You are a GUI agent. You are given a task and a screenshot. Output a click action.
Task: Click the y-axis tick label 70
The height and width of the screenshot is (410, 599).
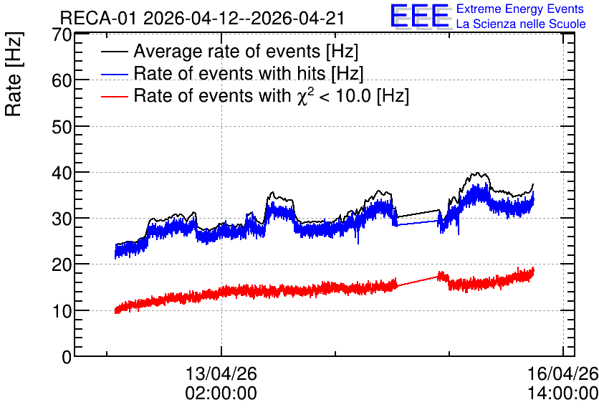(x=62, y=35)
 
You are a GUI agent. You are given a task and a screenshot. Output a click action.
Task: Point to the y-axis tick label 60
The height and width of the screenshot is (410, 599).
(x=62, y=80)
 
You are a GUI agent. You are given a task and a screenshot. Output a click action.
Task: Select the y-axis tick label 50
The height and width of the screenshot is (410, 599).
(x=62, y=127)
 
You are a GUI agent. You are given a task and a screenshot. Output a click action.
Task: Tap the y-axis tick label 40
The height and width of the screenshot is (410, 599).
(x=62, y=173)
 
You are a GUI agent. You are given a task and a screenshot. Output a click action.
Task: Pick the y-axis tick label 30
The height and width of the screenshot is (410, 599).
(x=62, y=219)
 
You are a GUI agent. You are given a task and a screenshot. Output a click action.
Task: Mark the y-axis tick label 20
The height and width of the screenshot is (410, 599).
(x=62, y=265)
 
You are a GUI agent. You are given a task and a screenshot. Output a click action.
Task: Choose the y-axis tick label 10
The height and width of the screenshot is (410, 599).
(x=62, y=311)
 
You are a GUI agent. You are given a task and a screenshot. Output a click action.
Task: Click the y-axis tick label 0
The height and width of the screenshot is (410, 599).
(x=67, y=357)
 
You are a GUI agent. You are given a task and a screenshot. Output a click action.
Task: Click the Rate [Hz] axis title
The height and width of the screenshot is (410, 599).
(x=14, y=74)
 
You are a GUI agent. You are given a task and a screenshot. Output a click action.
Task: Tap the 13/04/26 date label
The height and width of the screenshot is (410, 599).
(x=221, y=373)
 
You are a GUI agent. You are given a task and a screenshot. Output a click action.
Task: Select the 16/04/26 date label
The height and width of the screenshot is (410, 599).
(x=562, y=373)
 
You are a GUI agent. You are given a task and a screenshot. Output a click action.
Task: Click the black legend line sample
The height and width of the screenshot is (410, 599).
(x=114, y=52)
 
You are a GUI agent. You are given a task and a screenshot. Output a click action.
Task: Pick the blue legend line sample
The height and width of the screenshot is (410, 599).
(x=114, y=74)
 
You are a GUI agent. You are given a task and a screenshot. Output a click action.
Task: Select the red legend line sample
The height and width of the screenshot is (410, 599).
(x=114, y=96)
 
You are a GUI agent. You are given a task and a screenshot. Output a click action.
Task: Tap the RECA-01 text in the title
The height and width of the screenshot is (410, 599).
(x=98, y=19)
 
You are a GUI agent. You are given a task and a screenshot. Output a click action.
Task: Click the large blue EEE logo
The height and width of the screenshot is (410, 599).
(x=420, y=16)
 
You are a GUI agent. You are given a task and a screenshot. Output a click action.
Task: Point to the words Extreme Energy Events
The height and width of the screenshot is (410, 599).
(x=520, y=9)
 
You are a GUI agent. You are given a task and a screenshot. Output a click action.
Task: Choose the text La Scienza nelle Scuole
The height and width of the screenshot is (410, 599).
(x=521, y=24)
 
